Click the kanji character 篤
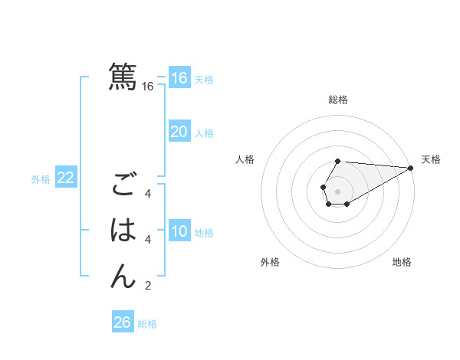point(123,77)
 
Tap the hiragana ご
point(123,186)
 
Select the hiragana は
point(123,230)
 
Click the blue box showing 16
point(179,78)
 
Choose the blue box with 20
point(179,132)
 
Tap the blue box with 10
point(179,231)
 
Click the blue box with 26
point(122,322)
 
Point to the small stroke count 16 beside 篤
point(148,87)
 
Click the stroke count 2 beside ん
point(148,286)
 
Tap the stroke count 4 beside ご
point(148,194)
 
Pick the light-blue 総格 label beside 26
point(147,324)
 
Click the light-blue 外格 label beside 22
point(41,179)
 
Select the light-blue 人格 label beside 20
point(204,133)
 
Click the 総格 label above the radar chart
point(338,100)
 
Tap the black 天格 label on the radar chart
point(431,159)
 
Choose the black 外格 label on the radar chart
point(270,262)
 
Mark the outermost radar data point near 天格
point(412,169)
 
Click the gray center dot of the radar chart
point(338,190)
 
